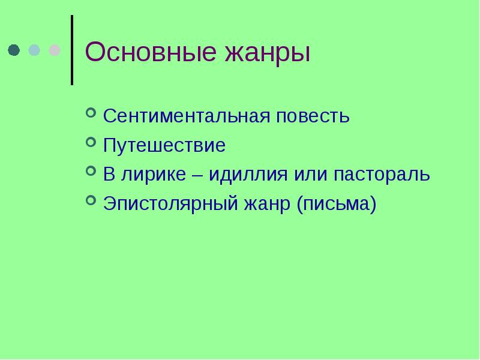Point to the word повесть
click(313, 115)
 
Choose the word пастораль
click(382, 175)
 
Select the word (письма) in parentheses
click(336, 205)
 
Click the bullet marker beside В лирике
click(91, 172)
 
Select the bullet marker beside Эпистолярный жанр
click(91, 201)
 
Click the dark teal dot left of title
click(14, 50)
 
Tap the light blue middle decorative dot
click(35, 50)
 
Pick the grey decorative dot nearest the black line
click(55, 50)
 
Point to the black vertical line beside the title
click(73, 50)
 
